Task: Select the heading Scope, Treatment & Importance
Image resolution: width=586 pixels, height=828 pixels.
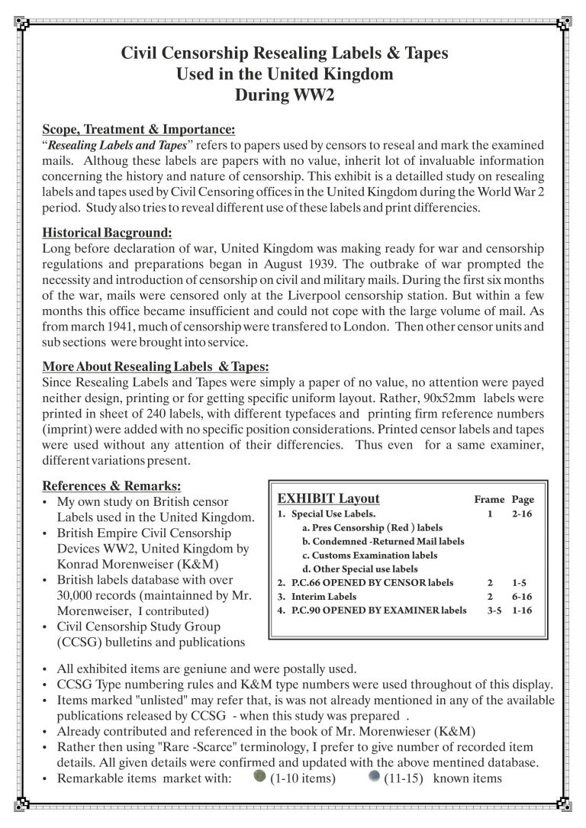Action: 138,129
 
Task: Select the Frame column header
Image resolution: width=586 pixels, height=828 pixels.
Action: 489,500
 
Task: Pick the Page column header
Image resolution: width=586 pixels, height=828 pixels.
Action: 523,500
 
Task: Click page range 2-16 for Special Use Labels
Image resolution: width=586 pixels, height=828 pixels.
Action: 523,514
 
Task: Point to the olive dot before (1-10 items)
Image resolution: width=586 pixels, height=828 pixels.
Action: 259,777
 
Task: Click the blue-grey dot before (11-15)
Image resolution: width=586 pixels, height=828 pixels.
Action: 373,777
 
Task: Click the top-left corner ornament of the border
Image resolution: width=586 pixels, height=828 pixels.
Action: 24,23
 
